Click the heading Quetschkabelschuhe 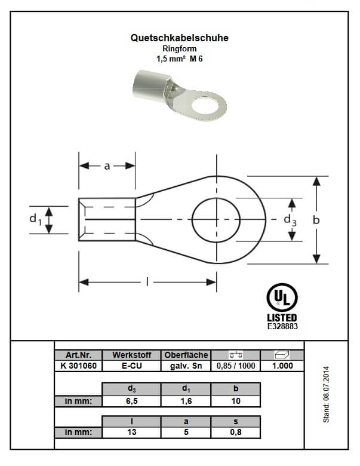coord(180,38)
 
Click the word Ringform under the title coord(180,48)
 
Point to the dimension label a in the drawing coord(107,166)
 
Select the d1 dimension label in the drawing coord(35,219)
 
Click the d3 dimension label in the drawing coord(290,220)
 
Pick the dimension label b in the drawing coord(316,220)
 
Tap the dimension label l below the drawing coord(147,282)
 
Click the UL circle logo coord(282,297)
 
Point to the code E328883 coord(282,326)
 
